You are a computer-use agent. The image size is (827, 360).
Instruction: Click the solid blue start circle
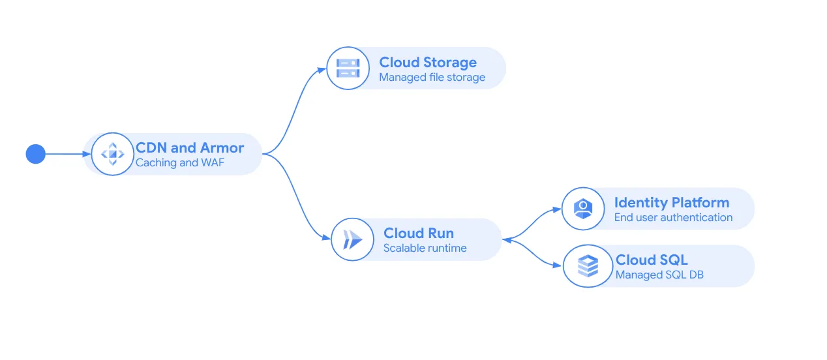[x=35, y=154]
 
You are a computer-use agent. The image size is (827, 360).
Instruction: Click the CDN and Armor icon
[x=112, y=154]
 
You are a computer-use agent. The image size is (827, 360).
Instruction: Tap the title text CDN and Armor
[x=189, y=147]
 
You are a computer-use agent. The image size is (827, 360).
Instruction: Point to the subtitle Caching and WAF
[x=179, y=163]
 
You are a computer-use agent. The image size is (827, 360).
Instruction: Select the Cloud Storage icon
[x=348, y=68]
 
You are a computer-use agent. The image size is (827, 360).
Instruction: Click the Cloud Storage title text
[x=428, y=63]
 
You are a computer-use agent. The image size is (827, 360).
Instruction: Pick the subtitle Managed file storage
[x=432, y=78]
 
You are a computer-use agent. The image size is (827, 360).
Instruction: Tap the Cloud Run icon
[x=352, y=239]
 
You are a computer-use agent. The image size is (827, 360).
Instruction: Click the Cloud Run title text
[x=418, y=233]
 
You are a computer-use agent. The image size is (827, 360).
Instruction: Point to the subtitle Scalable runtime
[x=425, y=248]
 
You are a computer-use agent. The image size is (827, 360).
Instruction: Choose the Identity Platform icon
[x=582, y=209]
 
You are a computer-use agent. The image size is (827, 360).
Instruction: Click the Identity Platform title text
[x=671, y=202]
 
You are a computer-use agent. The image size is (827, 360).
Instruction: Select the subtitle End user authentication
[x=673, y=218]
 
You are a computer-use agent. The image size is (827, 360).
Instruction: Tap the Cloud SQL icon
[x=588, y=265]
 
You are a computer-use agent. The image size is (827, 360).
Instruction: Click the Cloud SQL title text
[x=652, y=260]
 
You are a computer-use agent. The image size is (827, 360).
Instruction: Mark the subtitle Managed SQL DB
[x=659, y=275]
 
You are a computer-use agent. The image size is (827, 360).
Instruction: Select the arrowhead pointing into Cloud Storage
[x=322, y=68]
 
